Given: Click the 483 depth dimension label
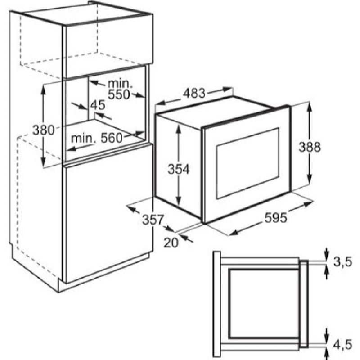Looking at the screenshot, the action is (x=194, y=94).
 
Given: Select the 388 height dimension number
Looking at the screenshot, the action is (x=310, y=147).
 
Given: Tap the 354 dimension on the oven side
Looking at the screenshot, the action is (x=179, y=169).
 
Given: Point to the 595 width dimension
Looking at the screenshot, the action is (x=276, y=217).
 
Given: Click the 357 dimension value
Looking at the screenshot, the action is (x=153, y=220).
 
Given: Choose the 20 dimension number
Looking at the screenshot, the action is (x=171, y=243).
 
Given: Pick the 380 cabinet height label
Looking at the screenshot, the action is (x=43, y=130).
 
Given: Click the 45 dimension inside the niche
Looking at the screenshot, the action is (x=98, y=105).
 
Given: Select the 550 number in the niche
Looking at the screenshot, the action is (x=119, y=94).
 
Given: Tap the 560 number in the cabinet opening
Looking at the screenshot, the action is (x=112, y=138).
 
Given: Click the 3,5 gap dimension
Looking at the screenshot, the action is (x=342, y=261).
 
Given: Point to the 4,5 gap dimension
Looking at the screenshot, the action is (x=342, y=344).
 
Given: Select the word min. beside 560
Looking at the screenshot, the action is (x=83, y=139).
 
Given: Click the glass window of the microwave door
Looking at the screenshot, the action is (x=248, y=163).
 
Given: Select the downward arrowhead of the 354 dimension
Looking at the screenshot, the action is (x=178, y=202).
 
